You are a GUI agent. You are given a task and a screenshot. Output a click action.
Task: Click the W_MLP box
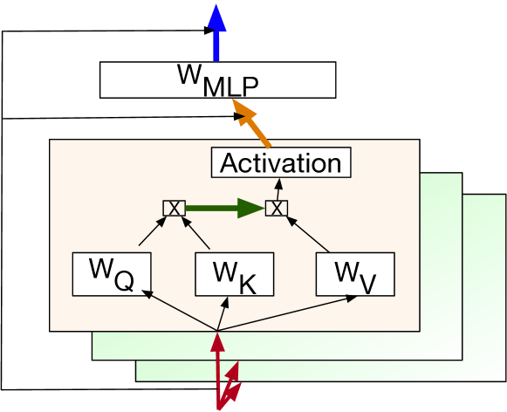(217, 79)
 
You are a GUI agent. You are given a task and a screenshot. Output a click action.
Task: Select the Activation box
(281, 163)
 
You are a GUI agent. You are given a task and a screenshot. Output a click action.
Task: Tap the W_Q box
(112, 273)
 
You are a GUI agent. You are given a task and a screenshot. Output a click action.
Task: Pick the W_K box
(234, 274)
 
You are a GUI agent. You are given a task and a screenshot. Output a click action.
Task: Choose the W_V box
(355, 274)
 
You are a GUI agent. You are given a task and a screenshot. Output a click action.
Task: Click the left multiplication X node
(174, 208)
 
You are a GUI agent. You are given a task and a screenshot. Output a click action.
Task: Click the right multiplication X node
(276, 208)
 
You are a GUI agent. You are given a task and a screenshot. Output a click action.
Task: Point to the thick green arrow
(224, 208)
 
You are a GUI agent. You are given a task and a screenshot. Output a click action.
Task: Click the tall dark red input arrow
(216, 367)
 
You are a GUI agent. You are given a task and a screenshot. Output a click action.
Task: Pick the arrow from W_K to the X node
(197, 234)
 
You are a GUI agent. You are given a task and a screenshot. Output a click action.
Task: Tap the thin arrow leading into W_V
(288, 313)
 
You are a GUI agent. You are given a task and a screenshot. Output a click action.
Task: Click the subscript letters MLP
(232, 86)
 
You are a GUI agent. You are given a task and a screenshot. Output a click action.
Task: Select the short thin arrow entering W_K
(222, 315)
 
